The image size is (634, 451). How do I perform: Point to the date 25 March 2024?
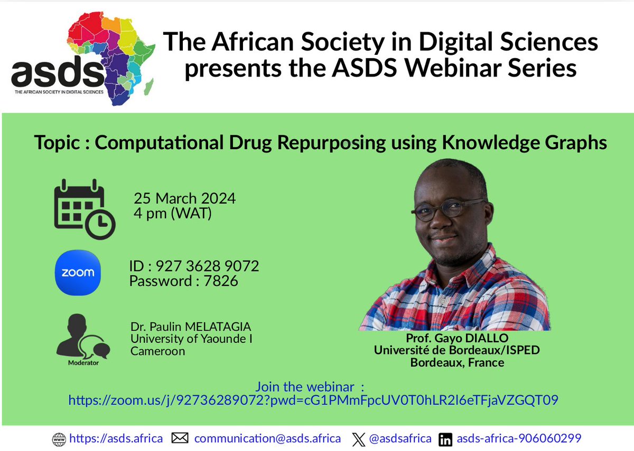184,199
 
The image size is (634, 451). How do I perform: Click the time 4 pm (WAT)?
172,214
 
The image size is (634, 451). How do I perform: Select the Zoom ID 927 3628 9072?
194,266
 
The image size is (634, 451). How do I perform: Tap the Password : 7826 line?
183,281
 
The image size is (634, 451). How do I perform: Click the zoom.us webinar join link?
313,400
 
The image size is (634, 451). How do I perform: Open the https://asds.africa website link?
116,438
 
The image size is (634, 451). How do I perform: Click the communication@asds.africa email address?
267,438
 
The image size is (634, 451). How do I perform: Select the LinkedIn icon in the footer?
445,439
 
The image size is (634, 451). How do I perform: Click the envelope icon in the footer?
180,438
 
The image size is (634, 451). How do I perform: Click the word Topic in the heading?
55,143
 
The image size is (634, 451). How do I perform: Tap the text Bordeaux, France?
457,362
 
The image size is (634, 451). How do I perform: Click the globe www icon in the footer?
59,439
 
